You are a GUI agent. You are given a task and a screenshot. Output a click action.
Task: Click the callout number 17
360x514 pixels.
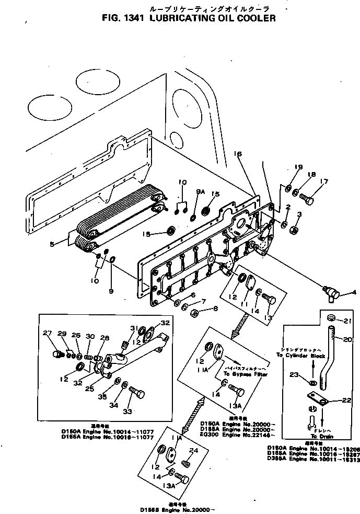(324, 182)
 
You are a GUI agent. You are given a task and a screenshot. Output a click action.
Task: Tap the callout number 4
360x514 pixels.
(354, 292)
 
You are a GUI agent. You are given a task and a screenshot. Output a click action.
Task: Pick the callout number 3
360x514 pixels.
(299, 214)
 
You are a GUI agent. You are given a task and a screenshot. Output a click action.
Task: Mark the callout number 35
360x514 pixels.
(103, 396)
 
